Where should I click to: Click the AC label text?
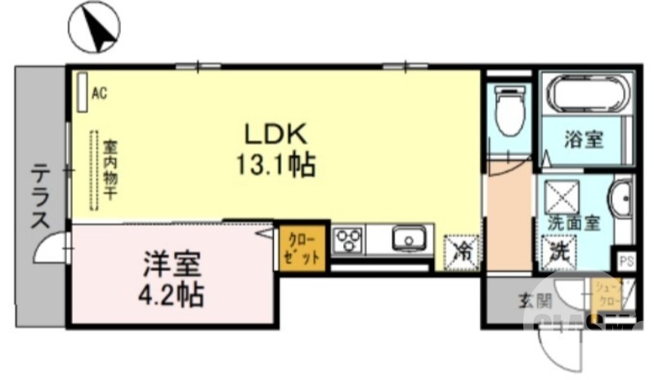(100, 93)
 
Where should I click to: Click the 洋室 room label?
(172, 265)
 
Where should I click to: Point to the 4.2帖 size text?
(172, 293)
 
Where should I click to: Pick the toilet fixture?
(509, 115)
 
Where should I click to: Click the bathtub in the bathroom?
(586, 94)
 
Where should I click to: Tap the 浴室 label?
(584, 140)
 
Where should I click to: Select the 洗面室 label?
(575, 221)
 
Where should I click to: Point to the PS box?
(627, 262)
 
